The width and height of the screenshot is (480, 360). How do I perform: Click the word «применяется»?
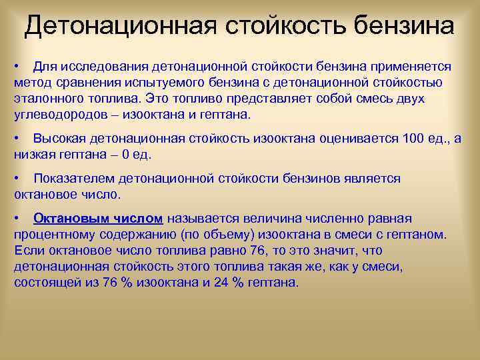pyautogui.click(x=409, y=67)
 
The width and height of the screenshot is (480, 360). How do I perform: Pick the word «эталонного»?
pyautogui.click(x=47, y=99)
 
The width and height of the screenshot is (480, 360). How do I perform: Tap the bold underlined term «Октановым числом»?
pyautogui.click(x=98, y=219)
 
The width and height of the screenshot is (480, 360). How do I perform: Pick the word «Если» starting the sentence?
pyautogui.click(x=27, y=250)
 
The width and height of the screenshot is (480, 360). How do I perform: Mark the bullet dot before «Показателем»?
pyautogui.click(x=17, y=179)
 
